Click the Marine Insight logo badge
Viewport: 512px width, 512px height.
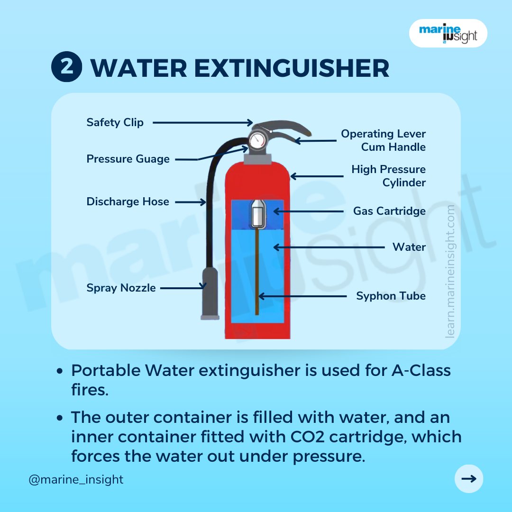coord(448,33)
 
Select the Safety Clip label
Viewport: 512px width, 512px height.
coord(115,122)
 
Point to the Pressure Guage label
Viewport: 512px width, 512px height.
coord(128,159)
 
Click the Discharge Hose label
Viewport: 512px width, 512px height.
coord(128,201)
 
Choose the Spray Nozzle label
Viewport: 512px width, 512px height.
coord(121,288)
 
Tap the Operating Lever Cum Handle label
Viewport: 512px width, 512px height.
coord(383,140)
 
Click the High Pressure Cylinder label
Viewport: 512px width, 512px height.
coord(388,176)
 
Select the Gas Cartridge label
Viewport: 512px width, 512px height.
coord(389,211)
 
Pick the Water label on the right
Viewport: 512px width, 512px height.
coord(409,247)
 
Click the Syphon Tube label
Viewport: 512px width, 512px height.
coord(391,296)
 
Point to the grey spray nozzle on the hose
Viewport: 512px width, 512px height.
coord(210,293)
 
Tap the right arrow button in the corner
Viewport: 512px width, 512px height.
coord(468,479)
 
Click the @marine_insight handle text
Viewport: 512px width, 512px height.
coord(76,479)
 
